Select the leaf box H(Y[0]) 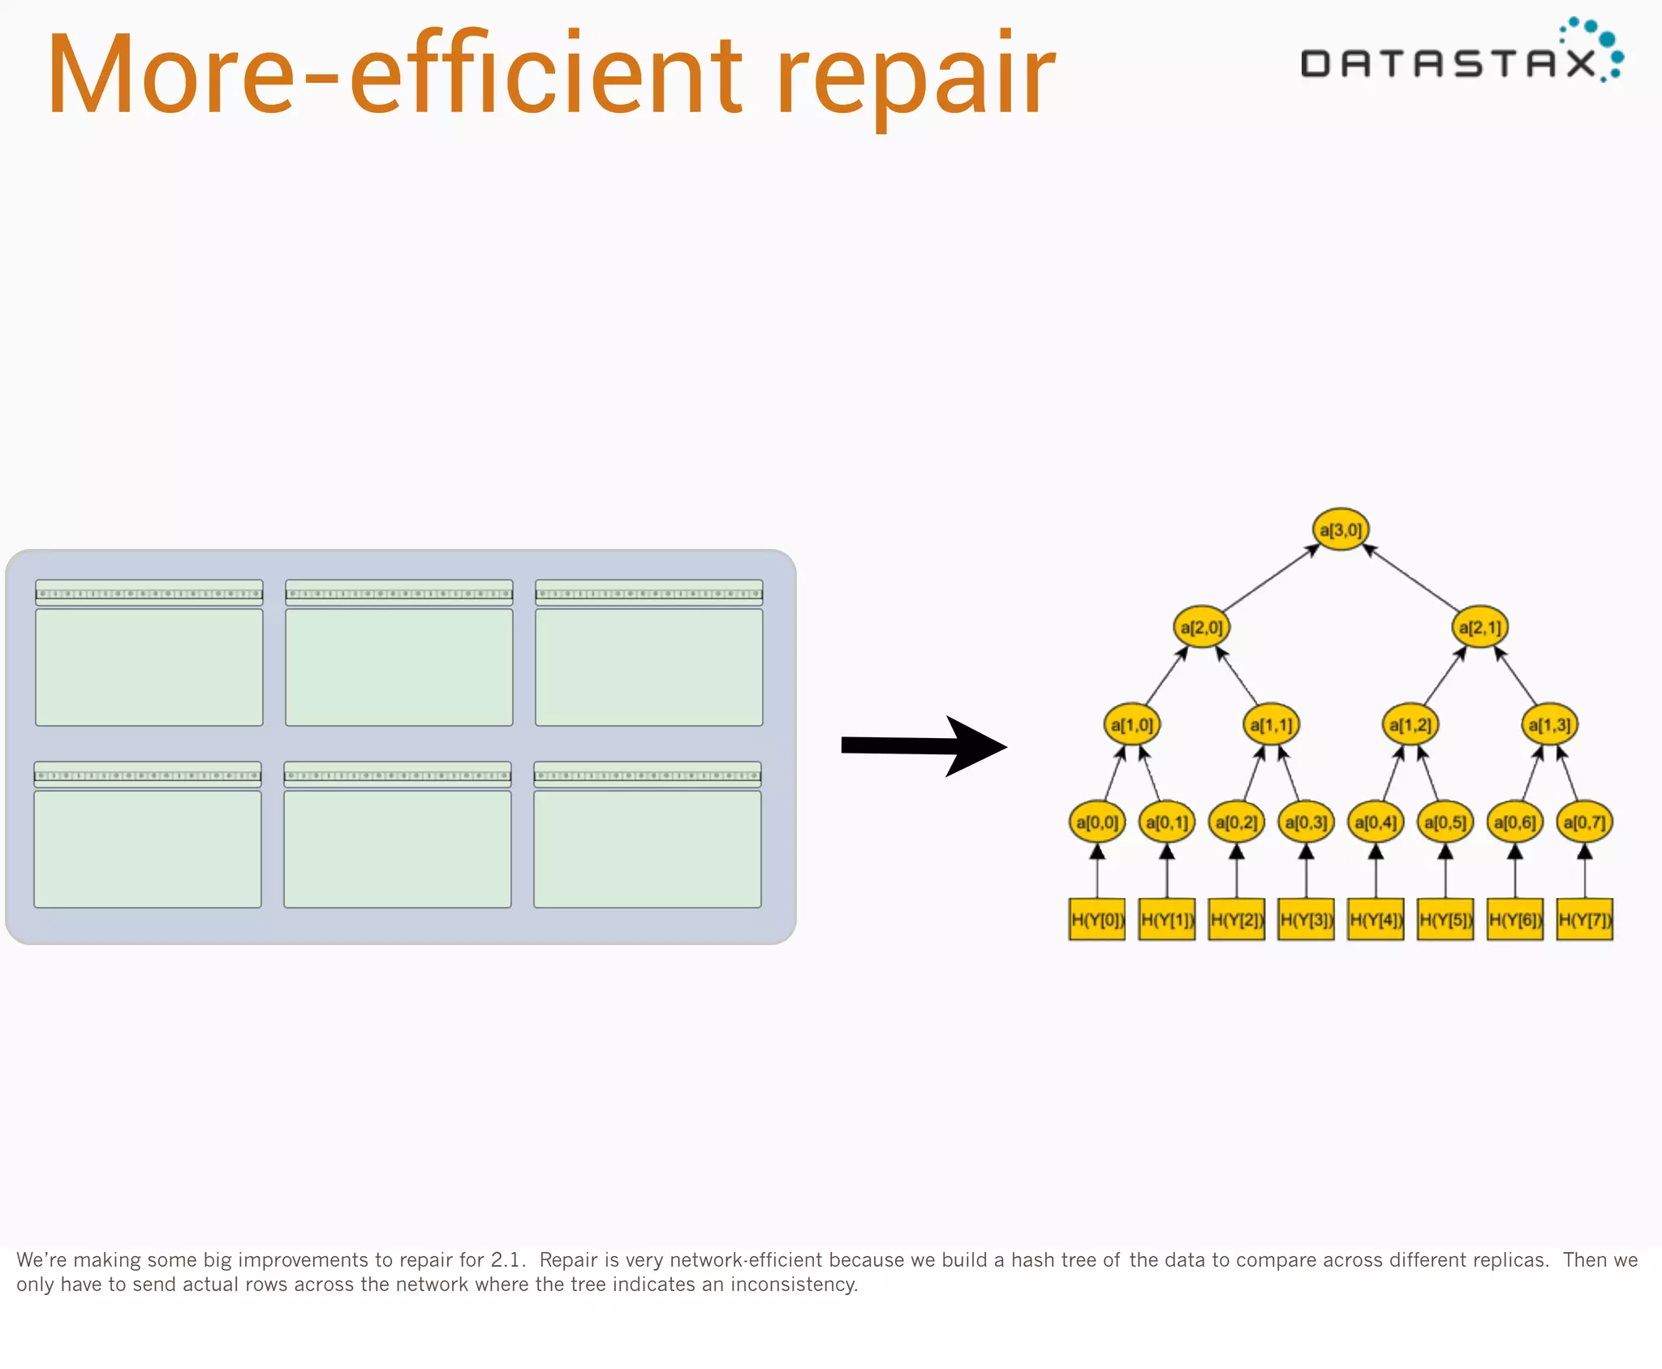tap(1096, 919)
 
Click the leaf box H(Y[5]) tap(1445, 919)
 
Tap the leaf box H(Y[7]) tap(1584, 919)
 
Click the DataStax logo tap(1461, 54)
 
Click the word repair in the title tap(915, 77)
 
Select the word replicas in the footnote tap(1508, 1259)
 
